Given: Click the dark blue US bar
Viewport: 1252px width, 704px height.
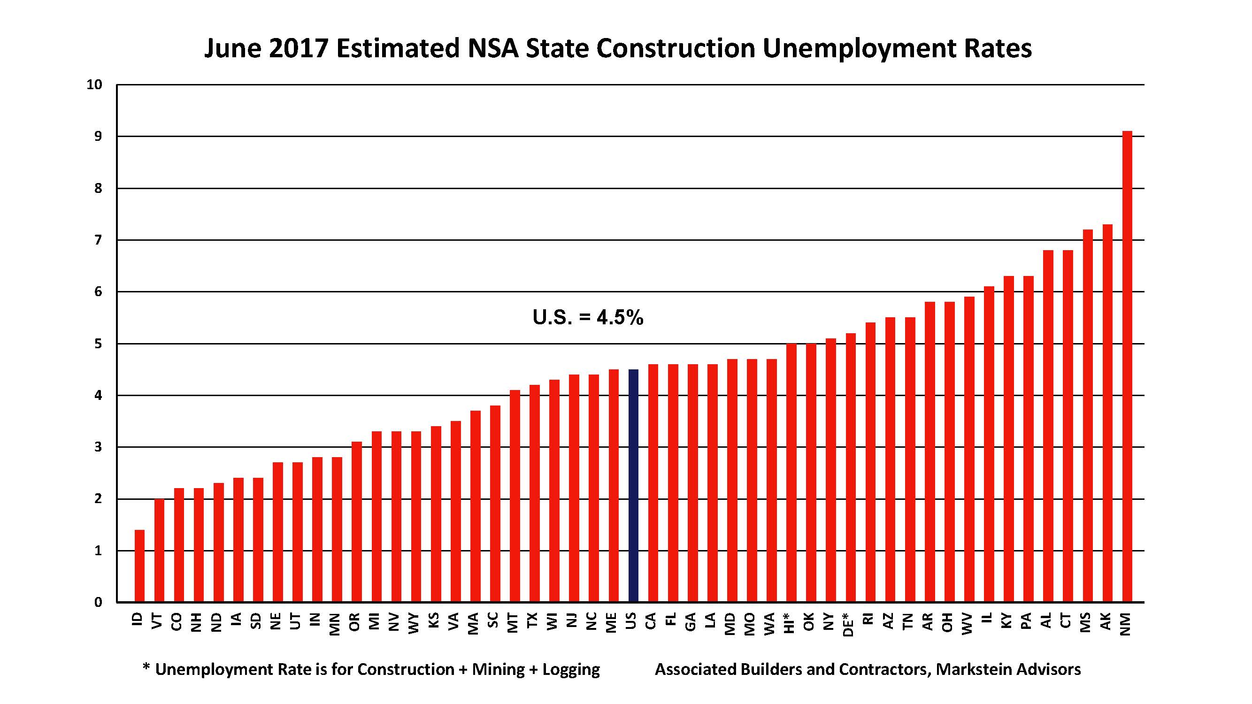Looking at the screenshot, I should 633,486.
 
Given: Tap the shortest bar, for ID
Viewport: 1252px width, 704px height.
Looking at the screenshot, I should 139,566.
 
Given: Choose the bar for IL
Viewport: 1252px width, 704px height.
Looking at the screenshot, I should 989,444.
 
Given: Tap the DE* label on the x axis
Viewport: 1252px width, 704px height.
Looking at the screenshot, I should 849,624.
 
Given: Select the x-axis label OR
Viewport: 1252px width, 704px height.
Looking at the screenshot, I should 355,621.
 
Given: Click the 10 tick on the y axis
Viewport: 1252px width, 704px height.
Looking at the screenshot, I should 94,84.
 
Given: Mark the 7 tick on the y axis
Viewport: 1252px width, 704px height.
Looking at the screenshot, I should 98,240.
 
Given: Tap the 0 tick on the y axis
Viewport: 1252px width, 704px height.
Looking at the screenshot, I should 98,603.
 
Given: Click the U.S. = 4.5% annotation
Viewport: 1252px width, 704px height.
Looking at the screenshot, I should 588,318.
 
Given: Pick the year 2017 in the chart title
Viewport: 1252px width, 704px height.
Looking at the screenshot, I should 298,49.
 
